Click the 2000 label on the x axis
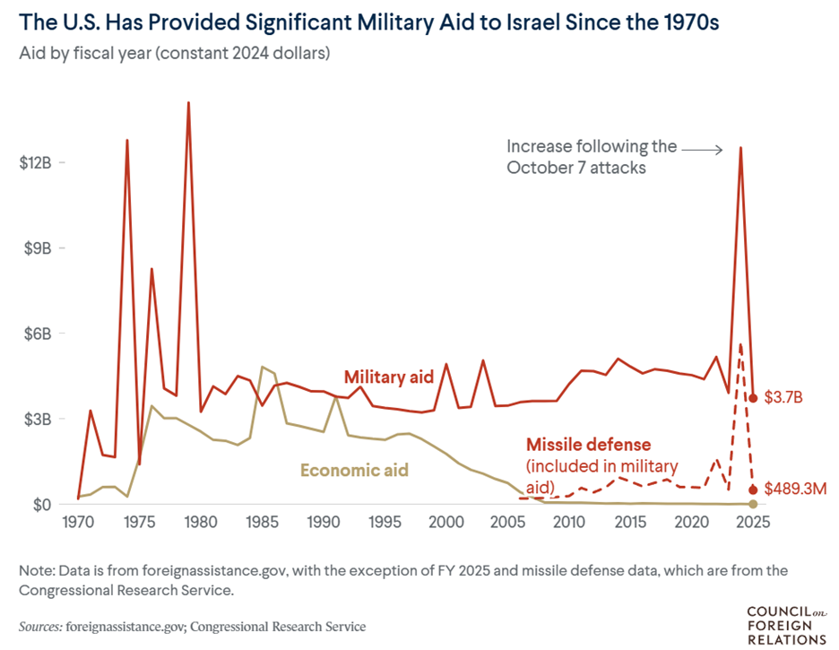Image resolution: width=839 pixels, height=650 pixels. [x=445, y=522]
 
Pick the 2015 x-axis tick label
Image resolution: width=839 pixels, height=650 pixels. [x=630, y=522]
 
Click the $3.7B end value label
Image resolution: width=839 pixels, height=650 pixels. [x=782, y=398]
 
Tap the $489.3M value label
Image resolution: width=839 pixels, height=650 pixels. [x=794, y=490]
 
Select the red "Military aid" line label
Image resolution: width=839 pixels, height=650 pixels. [x=389, y=377]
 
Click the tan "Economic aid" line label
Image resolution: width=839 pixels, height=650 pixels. [x=354, y=470]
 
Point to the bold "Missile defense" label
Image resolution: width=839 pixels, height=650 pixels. [x=588, y=445]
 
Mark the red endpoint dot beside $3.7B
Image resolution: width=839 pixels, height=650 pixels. [x=753, y=398]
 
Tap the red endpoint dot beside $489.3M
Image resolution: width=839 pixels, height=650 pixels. [x=753, y=490]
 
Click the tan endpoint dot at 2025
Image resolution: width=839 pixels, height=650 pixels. [x=753, y=504]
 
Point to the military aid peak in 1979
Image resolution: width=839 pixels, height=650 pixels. [x=188, y=103]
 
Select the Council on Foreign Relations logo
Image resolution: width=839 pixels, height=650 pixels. [x=786, y=625]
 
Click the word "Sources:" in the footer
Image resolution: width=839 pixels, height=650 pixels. [x=40, y=626]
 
